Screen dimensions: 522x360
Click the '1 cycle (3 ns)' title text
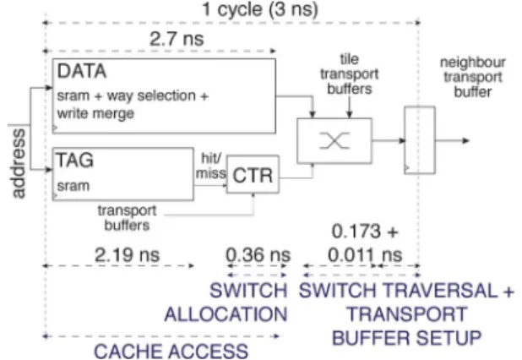pos(260,9)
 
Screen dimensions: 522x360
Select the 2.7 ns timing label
pos(177,39)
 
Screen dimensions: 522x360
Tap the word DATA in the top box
pos(82,71)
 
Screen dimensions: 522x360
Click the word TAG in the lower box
pos(75,160)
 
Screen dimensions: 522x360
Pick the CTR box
pos(253,174)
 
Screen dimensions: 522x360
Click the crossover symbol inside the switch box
pos(334,140)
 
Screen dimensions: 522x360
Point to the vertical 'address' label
pos(19,163)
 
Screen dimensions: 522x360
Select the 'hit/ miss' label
pos(211,166)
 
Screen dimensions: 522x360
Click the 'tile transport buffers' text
pos(349,74)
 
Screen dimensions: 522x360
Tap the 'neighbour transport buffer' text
pos(473,77)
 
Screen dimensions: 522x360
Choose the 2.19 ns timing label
pos(128,255)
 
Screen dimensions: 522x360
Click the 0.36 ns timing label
pos(258,255)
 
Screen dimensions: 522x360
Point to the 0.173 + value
pos(365,231)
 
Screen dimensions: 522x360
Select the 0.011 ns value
pos(365,255)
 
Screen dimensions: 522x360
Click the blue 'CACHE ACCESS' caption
pos(171,352)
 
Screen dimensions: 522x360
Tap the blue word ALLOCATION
pos(226,314)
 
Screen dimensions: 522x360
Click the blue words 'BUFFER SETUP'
pos(407,338)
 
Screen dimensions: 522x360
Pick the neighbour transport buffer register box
pos(420,140)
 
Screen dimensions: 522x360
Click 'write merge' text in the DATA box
pos(95,113)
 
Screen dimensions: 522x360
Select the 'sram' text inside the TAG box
pos(73,186)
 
